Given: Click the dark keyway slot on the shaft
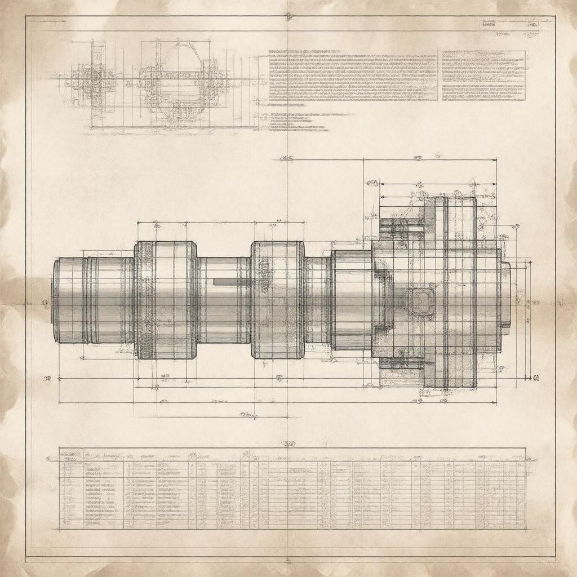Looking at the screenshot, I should tap(232, 281).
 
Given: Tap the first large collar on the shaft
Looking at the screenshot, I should tap(166, 300).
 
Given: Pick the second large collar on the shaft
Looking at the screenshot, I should tap(278, 300).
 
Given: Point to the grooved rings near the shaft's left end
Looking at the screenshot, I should tap(91, 300).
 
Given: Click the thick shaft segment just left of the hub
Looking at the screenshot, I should tap(350, 300).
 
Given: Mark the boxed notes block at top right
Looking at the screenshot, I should tap(483, 76).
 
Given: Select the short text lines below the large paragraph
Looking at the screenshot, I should tap(299, 122).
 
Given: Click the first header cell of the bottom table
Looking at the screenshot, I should tap(71, 454).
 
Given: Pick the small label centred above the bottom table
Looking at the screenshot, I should tap(288, 443).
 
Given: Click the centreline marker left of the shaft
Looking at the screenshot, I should tap(45, 303).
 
